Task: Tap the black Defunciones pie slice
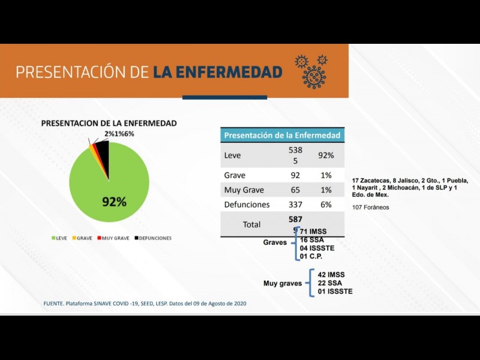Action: pos(103,155)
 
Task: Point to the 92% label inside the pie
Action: pos(113,202)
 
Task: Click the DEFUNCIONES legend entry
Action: pos(153,238)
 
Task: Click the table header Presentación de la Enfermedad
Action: pos(282,135)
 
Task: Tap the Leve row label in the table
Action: pos(232,155)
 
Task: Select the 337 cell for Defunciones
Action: pos(295,205)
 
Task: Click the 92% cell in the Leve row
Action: pos(326,155)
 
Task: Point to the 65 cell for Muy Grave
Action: pos(295,190)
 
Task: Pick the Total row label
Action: pos(251,224)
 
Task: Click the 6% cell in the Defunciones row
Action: pos(326,205)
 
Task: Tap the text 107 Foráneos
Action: pos(370,208)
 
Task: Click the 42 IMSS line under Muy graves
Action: pos(331,275)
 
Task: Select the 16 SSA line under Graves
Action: pos(312,240)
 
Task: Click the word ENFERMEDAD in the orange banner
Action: pos(217,73)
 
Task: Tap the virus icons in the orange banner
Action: pos(311,70)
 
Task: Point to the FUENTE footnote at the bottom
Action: pos(145,304)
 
